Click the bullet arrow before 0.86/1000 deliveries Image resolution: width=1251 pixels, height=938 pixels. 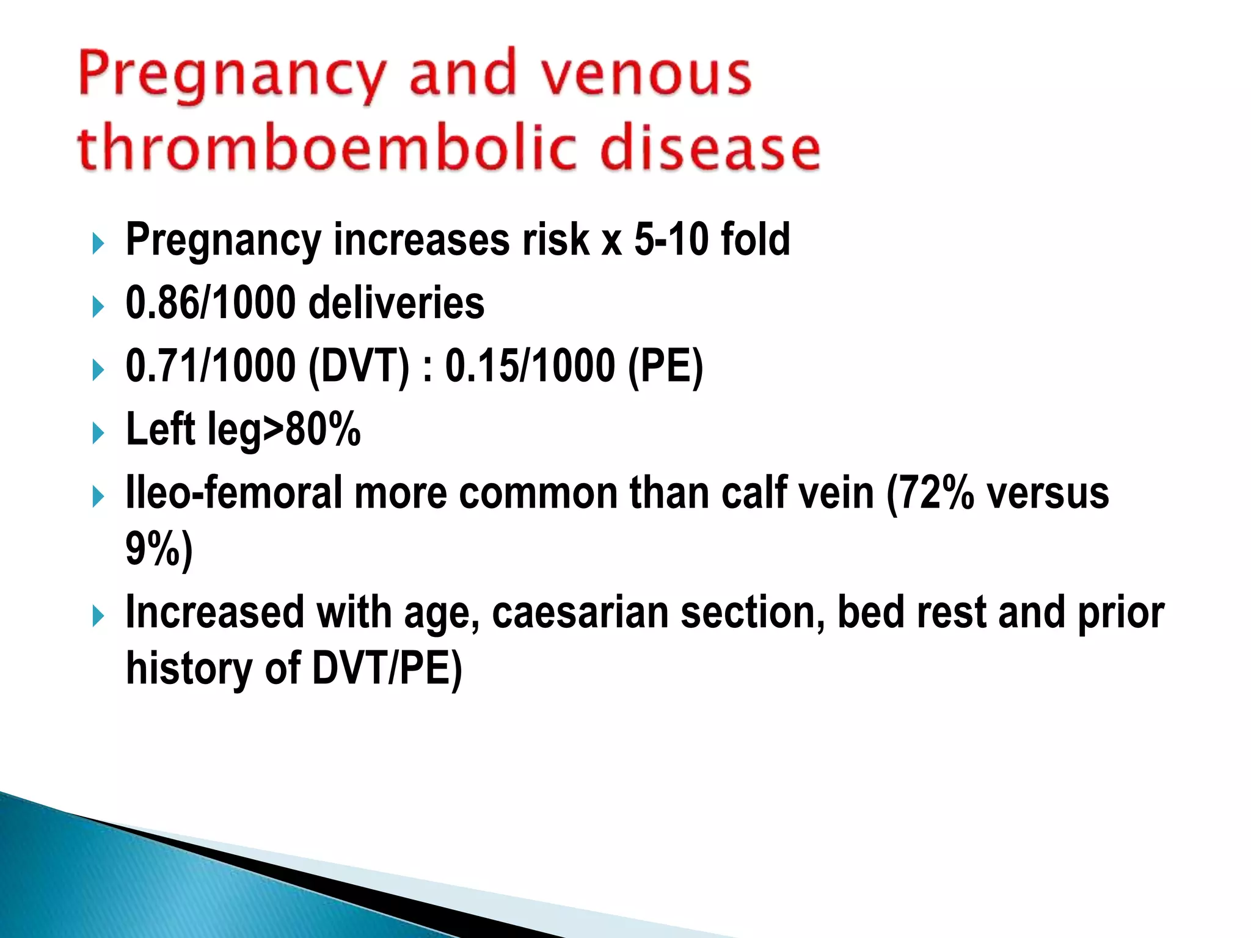pos(98,306)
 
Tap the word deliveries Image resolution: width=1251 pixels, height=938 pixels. pos(396,303)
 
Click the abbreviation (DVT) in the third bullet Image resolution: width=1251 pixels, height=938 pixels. pos(359,366)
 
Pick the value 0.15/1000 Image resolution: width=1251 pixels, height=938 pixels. pos(530,366)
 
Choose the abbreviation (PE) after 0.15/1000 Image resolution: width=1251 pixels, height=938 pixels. pos(666,366)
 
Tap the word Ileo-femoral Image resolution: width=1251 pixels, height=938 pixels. pos(233,493)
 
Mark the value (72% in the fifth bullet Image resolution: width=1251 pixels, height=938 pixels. pos(930,493)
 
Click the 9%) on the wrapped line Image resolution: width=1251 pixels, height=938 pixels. pos(159,550)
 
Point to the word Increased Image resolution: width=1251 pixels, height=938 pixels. pos(214,613)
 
